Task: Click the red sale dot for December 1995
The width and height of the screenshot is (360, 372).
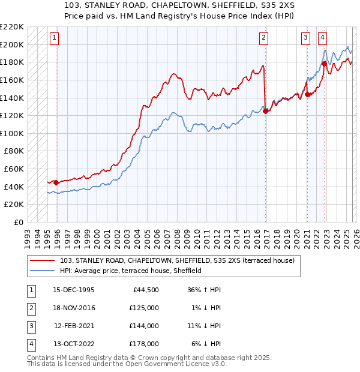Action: pyautogui.click(x=56, y=182)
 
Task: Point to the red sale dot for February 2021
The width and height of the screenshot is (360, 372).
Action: pyautogui.click(x=307, y=94)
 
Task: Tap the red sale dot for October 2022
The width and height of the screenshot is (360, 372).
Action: pyautogui.click(x=324, y=64)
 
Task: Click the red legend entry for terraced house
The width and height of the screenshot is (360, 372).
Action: pyautogui.click(x=178, y=261)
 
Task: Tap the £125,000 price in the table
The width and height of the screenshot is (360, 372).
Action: pyautogui.click(x=144, y=308)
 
